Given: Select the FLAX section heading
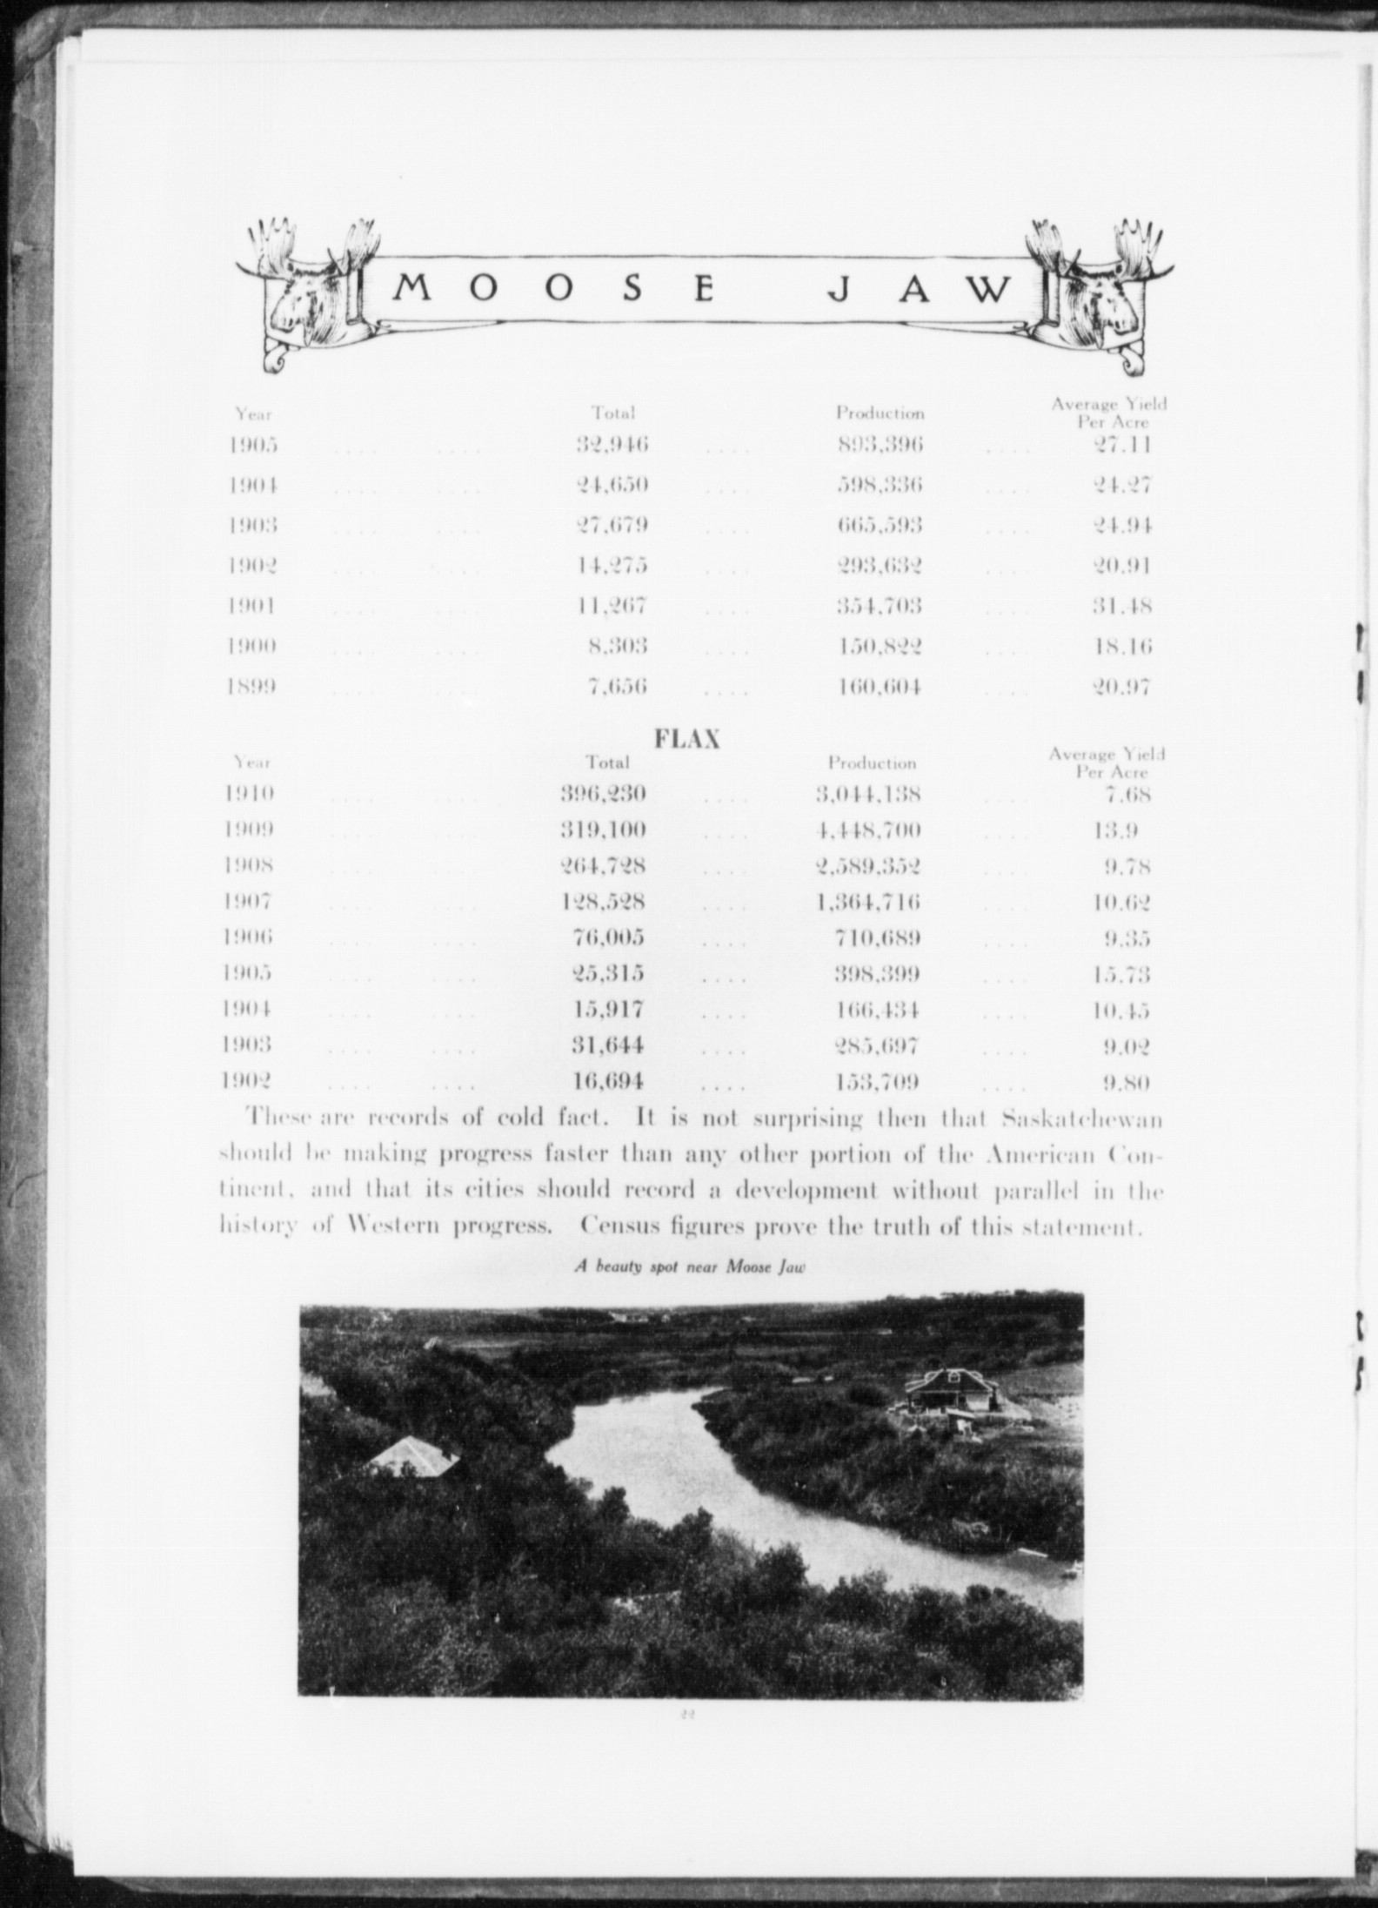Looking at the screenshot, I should (x=686, y=739).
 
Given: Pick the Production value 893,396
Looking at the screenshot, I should (x=880, y=445).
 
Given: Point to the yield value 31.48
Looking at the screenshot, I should (x=1122, y=606).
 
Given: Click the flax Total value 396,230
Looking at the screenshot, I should (x=603, y=793).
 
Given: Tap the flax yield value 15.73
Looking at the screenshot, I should (x=1121, y=974).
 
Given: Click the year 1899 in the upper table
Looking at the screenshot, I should (x=253, y=687).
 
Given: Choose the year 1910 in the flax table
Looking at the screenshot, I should (x=250, y=793).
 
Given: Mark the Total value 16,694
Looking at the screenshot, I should (x=608, y=1082).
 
